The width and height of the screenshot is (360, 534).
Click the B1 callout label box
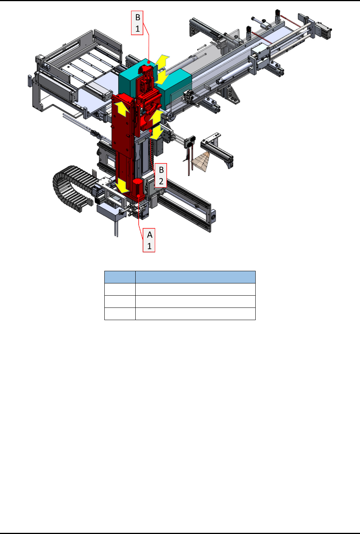click(137, 23)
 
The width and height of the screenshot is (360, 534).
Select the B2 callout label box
click(161, 175)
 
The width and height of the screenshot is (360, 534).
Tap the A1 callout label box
click(149, 240)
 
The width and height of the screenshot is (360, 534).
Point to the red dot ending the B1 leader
click(149, 62)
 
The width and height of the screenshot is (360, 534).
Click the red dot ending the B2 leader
click(151, 131)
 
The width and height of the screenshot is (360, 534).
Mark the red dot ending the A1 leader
click(138, 196)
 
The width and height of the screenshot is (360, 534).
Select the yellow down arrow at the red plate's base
click(122, 186)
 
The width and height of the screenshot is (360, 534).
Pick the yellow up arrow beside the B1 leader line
click(162, 61)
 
